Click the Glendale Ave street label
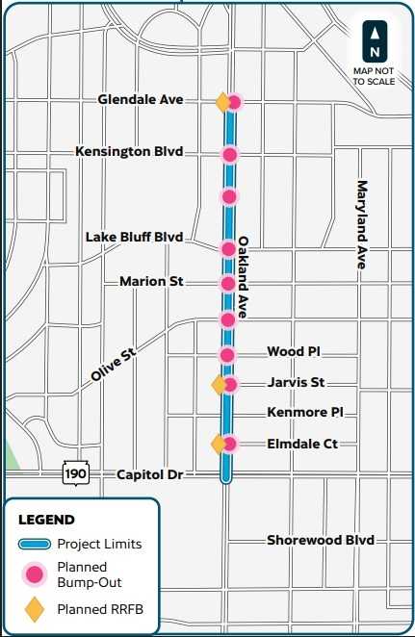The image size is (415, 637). click(x=147, y=100)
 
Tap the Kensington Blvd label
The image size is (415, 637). click(x=129, y=152)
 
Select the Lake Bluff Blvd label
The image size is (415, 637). click(x=133, y=237)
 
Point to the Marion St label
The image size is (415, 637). click(x=151, y=281)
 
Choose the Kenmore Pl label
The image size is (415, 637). click(x=305, y=412)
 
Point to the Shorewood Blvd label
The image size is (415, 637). click(x=320, y=540)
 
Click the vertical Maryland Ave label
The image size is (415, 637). click(x=363, y=229)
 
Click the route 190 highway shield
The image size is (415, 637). click(x=76, y=473)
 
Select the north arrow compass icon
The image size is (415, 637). click(x=375, y=38)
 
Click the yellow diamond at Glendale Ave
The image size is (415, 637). click(x=222, y=101)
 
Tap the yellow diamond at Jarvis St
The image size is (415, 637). click(x=220, y=385)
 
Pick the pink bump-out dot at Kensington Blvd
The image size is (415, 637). click(x=229, y=154)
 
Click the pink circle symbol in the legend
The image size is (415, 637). click(x=35, y=574)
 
